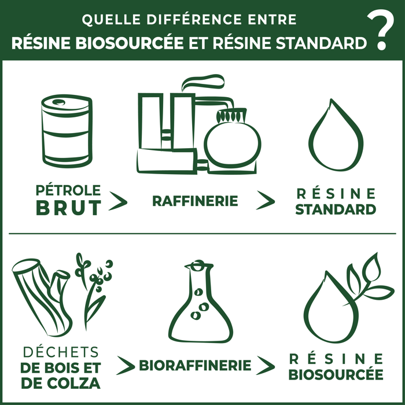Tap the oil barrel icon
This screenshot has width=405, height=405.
pos(67,132)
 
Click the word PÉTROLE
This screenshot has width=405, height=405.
pos(68,190)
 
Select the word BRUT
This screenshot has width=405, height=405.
pos(69,208)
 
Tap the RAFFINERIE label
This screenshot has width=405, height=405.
pos(195,201)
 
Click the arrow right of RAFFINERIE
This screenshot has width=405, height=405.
pos(266,200)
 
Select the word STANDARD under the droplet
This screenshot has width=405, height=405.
pos(336,209)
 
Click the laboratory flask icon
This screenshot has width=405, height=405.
pos(201,303)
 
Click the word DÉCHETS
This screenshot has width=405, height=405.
pos(60,352)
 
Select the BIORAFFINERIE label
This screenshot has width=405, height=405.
pos(195,366)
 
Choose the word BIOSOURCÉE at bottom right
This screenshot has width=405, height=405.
pos(336,374)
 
